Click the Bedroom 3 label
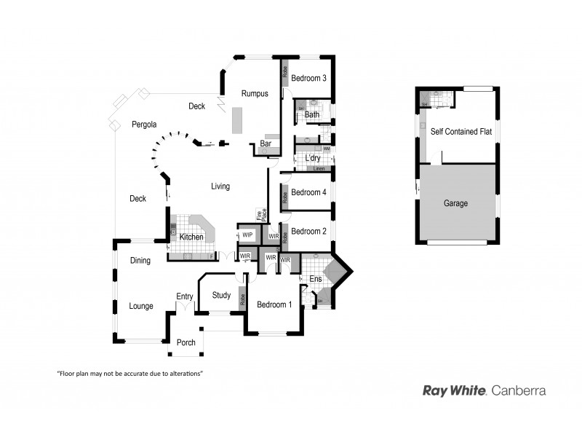tap(308, 78)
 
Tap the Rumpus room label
tap(255, 93)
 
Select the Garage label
tap(455, 203)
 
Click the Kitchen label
tap(191, 237)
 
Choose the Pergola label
tap(145, 125)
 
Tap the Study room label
tap(221, 295)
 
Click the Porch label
tap(186, 342)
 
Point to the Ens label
tap(315, 278)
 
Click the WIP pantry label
tap(247, 235)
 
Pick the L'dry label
tap(313, 158)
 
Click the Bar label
tap(266, 144)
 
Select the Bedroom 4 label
tap(308, 192)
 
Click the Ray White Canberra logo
tap(484, 390)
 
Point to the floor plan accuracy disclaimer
tap(129, 373)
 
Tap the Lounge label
tap(141, 306)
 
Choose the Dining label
tap(140, 260)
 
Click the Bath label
tap(312, 115)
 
